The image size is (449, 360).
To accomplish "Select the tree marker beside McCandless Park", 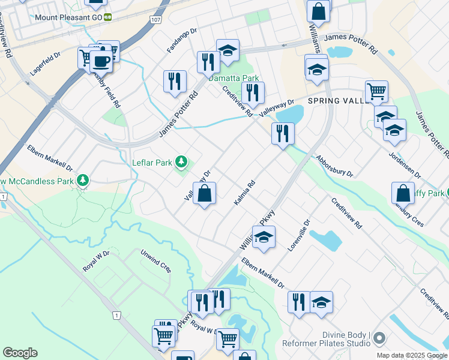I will coord(83,180).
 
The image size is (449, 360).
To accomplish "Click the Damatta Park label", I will coord(234,78).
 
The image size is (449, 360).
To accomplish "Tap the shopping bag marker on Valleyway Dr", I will coord(205,194).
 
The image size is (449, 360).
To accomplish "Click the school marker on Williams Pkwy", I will coord(264,238).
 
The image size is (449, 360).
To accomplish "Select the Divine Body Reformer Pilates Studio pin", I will coord(379,340).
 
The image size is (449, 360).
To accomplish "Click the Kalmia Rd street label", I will coord(245,191).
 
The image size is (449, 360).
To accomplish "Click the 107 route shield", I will coord(157,20).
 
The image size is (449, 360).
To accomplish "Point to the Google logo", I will coord(20,353).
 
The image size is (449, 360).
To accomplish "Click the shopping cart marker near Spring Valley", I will coord(376,91).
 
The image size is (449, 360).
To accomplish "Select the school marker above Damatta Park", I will coord(228,51).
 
